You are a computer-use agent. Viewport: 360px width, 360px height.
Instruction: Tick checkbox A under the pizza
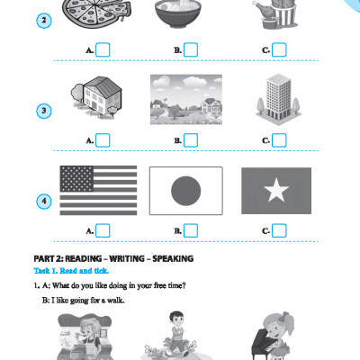[x=103, y=49]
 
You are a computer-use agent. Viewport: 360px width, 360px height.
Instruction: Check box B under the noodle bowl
[x=191, y=49]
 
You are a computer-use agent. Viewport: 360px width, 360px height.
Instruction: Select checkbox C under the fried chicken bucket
[x=279, y=49]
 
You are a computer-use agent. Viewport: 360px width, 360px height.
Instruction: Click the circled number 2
[x=44, y=21]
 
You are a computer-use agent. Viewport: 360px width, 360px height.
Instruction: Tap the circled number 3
[x=44, y=111]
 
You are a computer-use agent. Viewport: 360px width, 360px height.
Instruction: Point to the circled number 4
[x=44, y=202]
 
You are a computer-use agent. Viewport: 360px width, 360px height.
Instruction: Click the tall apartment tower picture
[x=279, y=99]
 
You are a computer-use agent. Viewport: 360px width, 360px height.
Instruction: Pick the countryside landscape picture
[x=186, y=99]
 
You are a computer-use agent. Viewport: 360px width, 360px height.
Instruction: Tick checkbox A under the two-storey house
[x=103, y=140]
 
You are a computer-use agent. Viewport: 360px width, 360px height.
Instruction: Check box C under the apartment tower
[x=279, y=140]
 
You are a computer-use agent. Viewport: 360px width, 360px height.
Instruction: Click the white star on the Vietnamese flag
[x=276, y=190]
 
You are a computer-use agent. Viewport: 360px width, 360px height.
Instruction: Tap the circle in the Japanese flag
[x=186, y=191]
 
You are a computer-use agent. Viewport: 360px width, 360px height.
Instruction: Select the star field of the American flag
[x=76, y=179]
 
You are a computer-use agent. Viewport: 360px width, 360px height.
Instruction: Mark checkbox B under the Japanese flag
[x=191, y=230]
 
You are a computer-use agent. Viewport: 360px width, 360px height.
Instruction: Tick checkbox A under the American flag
[x=103, y=230]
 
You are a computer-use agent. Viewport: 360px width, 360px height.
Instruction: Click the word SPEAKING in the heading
[x=173, y=258]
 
